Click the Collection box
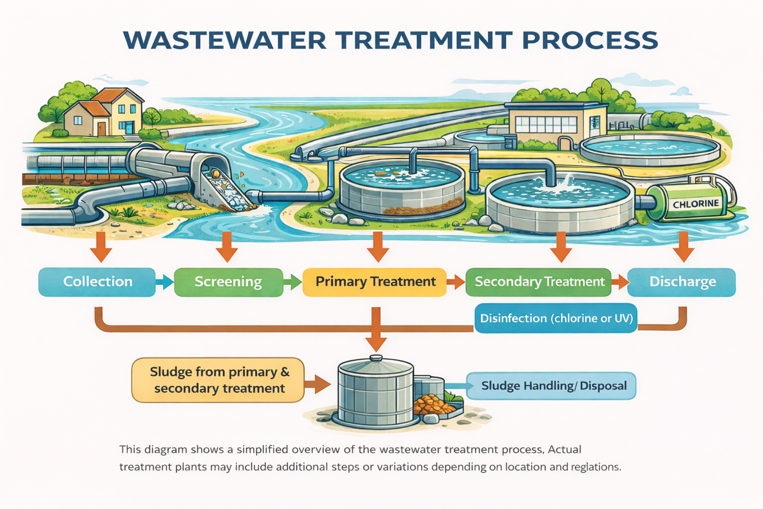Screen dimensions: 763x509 pyautogui.click(x=97, y=282)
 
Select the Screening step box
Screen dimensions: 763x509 pyautogui.click(x=228, y=282)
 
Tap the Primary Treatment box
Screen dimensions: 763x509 pyautogui.click(x=374, y=282)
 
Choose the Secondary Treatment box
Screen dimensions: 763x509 pyautogui.click(x=538, y=282)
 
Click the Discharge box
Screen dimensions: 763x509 pyautogui.click(x=681, y=282)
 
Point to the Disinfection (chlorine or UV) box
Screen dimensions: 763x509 pyautogui.click(x=556, y=318)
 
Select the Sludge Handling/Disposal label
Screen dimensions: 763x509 pyautogui.click(x=551, y=386)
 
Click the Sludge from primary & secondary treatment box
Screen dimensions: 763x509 pyautogui.click(x=218, y=380)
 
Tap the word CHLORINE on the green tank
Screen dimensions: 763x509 pyautogui.click(x=696, y=204)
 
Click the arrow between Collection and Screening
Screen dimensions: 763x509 pyautogui.click(x=165, y=282)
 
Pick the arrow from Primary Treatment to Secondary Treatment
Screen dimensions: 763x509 pyautogui.click(x=456, y=282)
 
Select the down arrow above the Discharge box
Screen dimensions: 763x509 pyautogui.click(x=683, y=247)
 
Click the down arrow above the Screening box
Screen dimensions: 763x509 pyautogui.click(x=227, y=247)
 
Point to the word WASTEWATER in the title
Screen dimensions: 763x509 pyautogui.click(x=225, y=40)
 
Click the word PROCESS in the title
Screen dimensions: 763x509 pyautogui.click(x=590, y=40)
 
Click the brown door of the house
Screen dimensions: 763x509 pyautogui.click(x=101, y=128)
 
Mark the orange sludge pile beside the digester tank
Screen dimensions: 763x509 pyautogui.click(x=432, y=405)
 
